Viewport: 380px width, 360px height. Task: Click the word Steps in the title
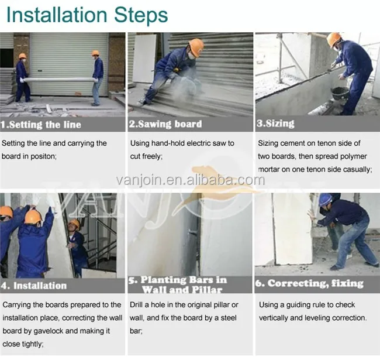coord(141,15)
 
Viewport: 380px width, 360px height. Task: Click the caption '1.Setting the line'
coord(41,125)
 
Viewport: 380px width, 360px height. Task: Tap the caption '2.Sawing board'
coord(165,124)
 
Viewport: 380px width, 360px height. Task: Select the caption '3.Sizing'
coord(275,124)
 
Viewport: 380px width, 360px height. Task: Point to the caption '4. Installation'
coord(34,286)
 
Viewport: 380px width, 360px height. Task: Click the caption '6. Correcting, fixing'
coord(309,283)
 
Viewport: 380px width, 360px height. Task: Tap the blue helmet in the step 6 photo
coord(325,200)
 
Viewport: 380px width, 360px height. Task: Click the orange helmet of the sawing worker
coord(196,47)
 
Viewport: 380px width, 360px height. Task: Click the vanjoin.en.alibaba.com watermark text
coord(191,180)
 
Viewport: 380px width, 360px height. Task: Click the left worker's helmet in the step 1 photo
coord(22,56)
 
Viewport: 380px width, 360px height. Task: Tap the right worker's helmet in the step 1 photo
coord(95,53)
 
